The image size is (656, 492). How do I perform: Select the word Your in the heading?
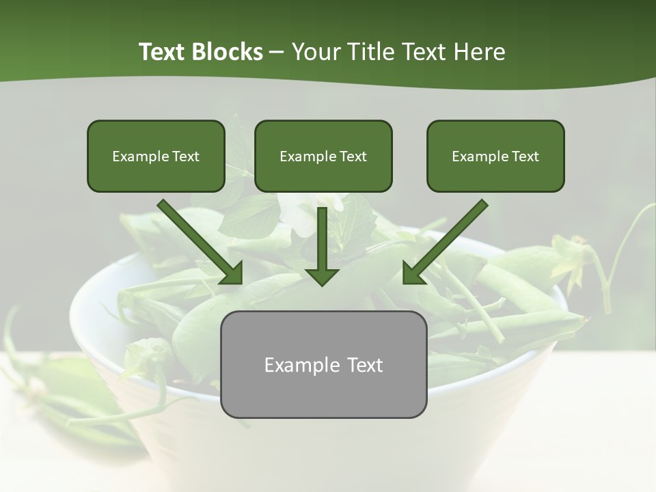[x=316, y=52]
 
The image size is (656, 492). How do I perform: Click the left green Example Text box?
[x=156, y=156]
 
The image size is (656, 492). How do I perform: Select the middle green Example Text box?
[x=323, y=156]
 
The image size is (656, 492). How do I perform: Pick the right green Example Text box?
[x=495, y=156]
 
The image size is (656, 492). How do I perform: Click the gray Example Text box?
[x=323, y=365]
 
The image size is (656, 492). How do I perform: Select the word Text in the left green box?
[x=186, y=156]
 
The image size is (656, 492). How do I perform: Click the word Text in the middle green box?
[x=353, y=156]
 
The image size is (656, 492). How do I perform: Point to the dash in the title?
[x=277, y=52]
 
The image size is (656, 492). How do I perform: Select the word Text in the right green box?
[x=525, y=156]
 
